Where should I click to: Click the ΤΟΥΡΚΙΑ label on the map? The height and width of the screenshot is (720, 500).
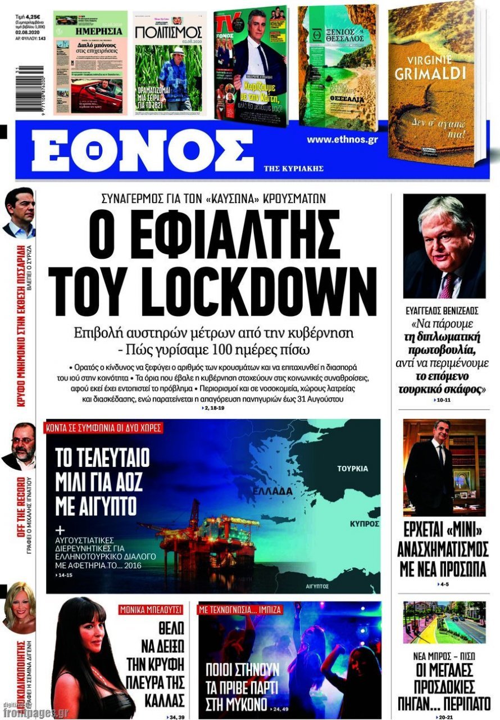click(x=352, y=468)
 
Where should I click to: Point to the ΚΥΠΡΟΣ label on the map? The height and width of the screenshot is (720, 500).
click(x=363, y=523)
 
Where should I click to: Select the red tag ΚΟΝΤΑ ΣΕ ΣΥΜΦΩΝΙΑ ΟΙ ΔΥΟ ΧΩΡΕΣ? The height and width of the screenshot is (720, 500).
click(x=104, y=427)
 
